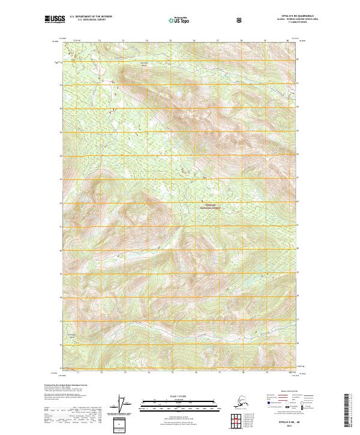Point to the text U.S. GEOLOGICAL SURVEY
(x=86, y=20)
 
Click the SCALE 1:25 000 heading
(x=179, y=395)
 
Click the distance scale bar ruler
(x=179, y=402)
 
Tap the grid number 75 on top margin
(x=170, y=40)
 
